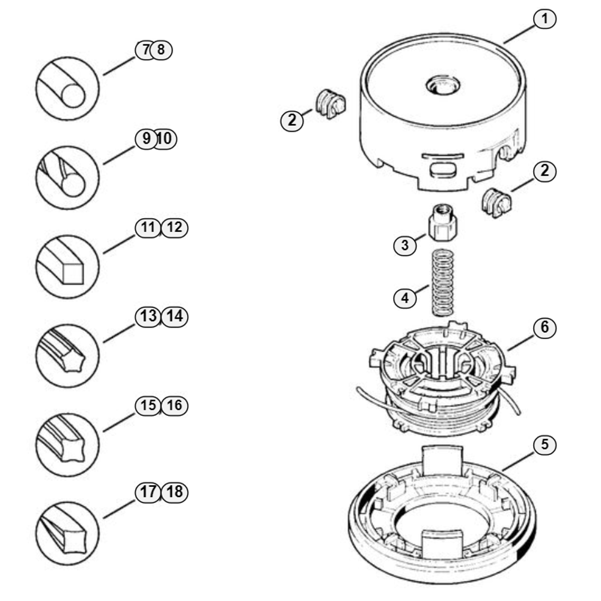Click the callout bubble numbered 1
pyautogui.click(x=545, y=19)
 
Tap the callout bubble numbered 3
pyautogui.click(x=404, y=245)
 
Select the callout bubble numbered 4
pyautogui.click(x=404, y=298)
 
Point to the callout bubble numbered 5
pyautogui.click(x=545, y=445)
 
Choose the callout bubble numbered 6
pyautogui.click(x=545, y=328)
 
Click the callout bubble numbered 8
pyautogui.click(x=162, y=50)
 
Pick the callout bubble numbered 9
pyautogui.click(x=145, y=138)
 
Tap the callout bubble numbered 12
pyautogui.click(x=175, y=228)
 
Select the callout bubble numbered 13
pyautogui.click(x=148, y=317)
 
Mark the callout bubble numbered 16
pyautogui.click(x=175, y=406)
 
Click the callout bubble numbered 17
pyautogui.click(x=148, y=492)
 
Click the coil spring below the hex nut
pyautogui.click(x=443, y=283)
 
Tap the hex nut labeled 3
pyautogui.click(x=443, y=223)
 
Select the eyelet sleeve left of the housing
pyautogui.click(x=331, y=104)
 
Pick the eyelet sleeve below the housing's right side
pyautogui.click(x=496, y=203)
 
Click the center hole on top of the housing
pyautogui.click(x=444, y=85)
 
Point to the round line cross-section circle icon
pyautogui.click(x=67, y=88)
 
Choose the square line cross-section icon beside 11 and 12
pyautogui.click(x=67, y=267)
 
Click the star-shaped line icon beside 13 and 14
pyautogui.click(x=67, y=356)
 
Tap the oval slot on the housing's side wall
pyautogui.click(x=443, y=169)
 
